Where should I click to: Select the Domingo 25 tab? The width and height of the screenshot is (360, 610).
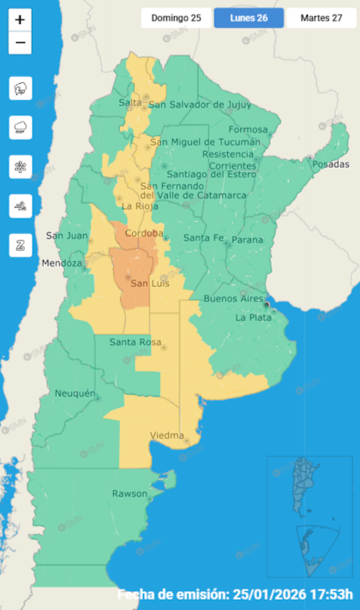coord(177,18)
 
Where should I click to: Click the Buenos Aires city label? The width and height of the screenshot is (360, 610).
coord(233,298)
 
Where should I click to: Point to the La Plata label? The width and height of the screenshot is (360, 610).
coord(253,317)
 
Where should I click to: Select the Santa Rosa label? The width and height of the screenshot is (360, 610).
coord(135,343)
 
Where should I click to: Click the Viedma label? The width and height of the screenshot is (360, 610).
coord(166,435)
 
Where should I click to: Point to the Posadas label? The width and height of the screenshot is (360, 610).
coord(331,164)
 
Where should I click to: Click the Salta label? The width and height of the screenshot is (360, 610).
coord(130,103)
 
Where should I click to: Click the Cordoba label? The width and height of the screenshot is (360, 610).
coord(143,233)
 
